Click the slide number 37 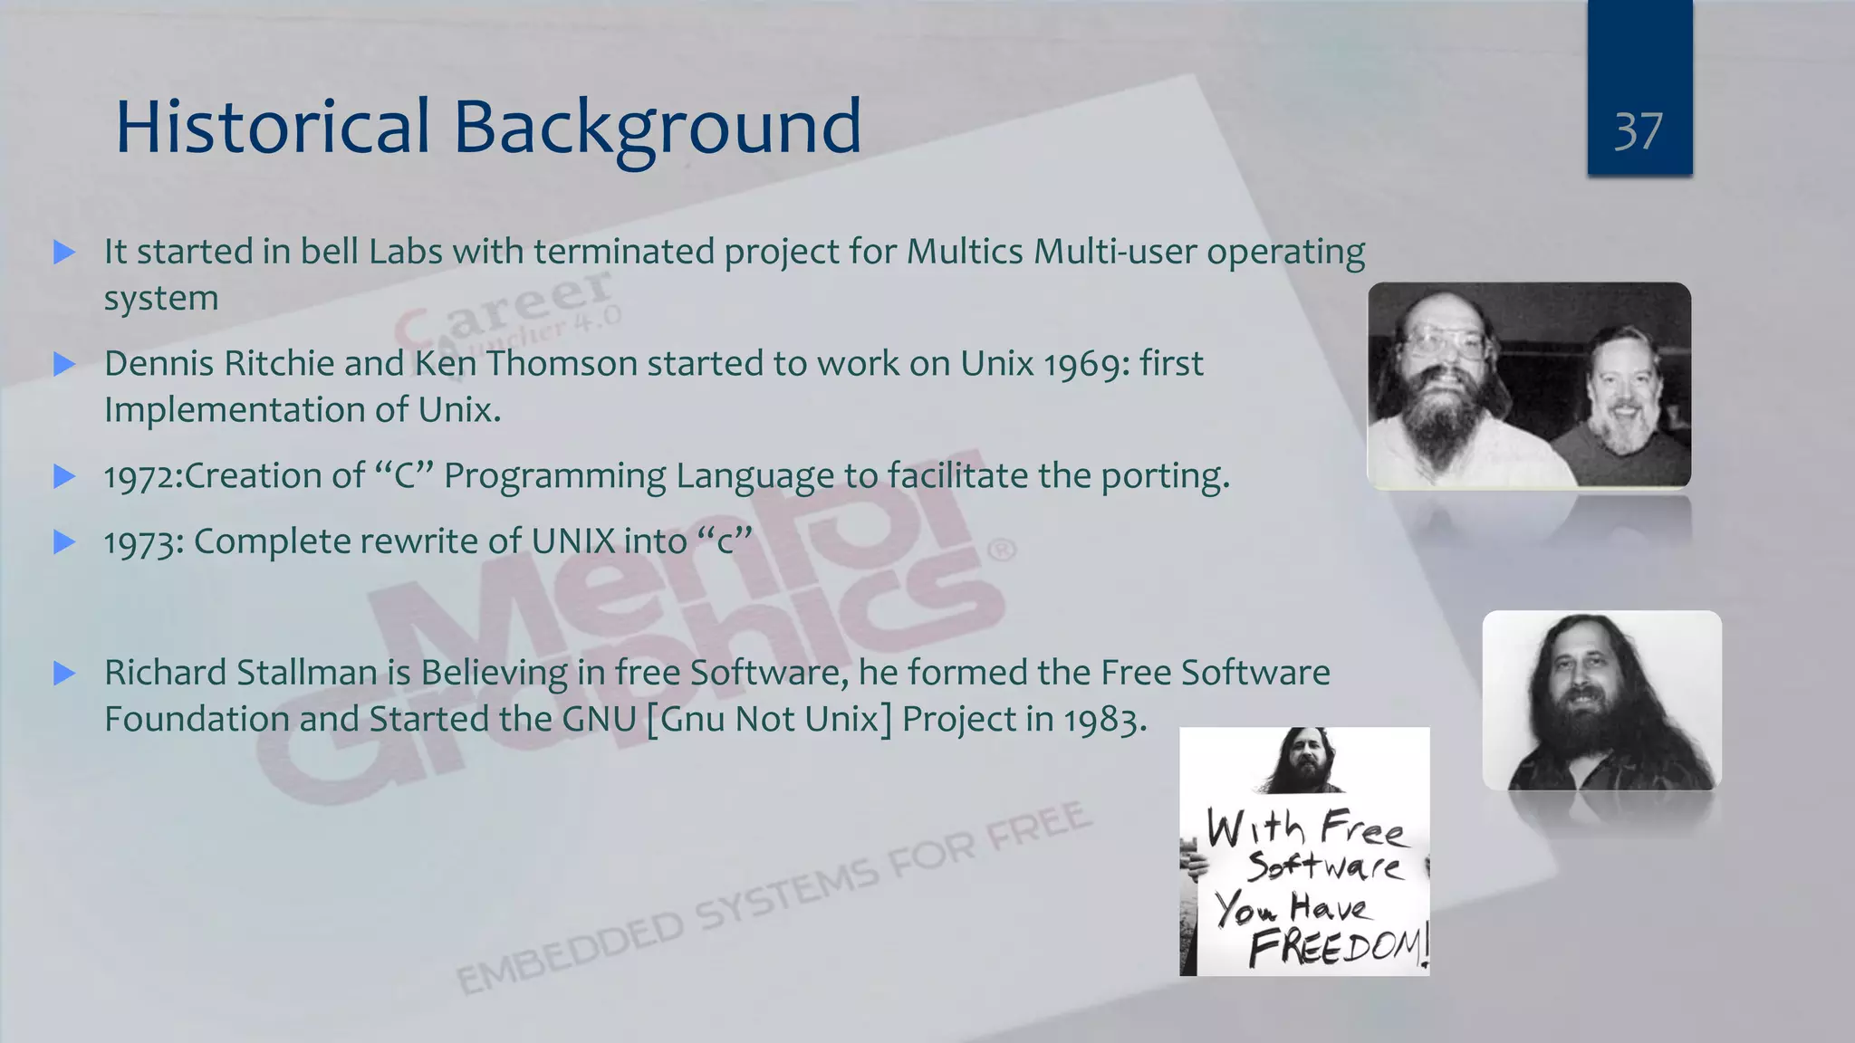pos(1639,131)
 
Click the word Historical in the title pos(273,127)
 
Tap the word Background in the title pos(657,129)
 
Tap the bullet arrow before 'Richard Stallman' pos(64,674)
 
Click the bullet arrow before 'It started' pos(64,253)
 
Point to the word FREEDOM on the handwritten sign pos(1337,947)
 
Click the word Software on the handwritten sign pos(1323,866)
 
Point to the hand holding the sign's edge pos(1194,860)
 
